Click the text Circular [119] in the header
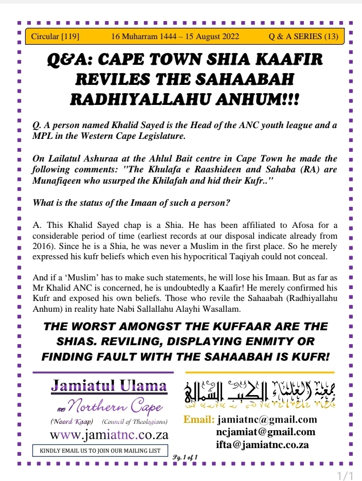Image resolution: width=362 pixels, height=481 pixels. click(55, 37)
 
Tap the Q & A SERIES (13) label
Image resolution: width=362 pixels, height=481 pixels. click(303, 37)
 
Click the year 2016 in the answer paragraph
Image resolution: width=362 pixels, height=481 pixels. click(43, 246)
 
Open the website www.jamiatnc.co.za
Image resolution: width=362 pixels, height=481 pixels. click(109, 434)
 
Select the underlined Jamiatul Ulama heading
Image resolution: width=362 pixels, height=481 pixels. click(109, 385)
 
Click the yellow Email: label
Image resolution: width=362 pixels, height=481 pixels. click(199, 420)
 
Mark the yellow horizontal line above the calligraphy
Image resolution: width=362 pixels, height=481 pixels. click(260, 372)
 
